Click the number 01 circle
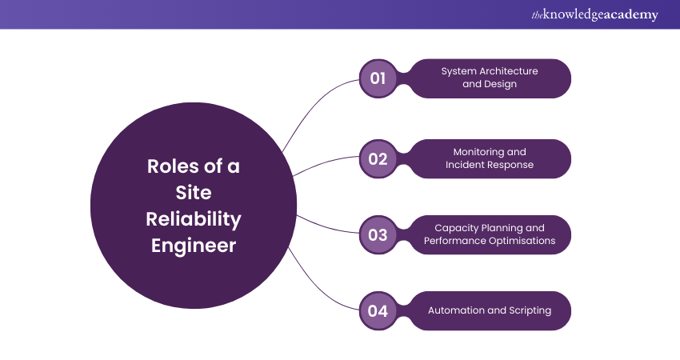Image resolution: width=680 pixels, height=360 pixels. click(x=378, y=78)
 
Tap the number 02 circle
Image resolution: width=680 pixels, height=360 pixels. click(x=378, y=158)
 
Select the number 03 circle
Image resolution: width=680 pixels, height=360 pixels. click(x=378, y=234)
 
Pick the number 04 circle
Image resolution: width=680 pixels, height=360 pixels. click(x=378, y=310)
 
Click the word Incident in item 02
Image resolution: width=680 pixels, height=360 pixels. click(x=468, y=165)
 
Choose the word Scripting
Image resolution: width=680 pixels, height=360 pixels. click(x=527, y=310)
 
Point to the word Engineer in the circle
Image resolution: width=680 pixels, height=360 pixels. click(x=194, y=245)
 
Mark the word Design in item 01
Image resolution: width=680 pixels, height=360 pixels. click(x=500, y=84)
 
